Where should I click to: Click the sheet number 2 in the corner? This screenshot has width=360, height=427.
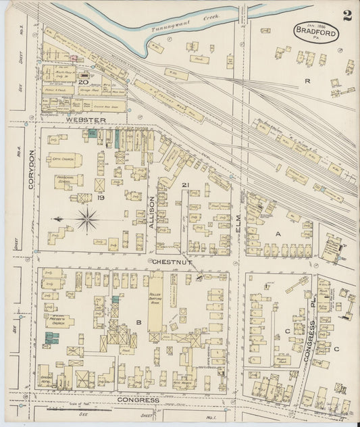[347, 16]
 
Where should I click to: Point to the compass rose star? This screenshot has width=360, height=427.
[87, 218]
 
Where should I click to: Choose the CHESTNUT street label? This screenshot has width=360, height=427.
[169, 261]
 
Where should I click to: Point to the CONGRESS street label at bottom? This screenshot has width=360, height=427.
[138, 399]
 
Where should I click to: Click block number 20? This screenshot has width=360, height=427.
[83, 82]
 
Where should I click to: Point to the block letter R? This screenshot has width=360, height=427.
[307, 80]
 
